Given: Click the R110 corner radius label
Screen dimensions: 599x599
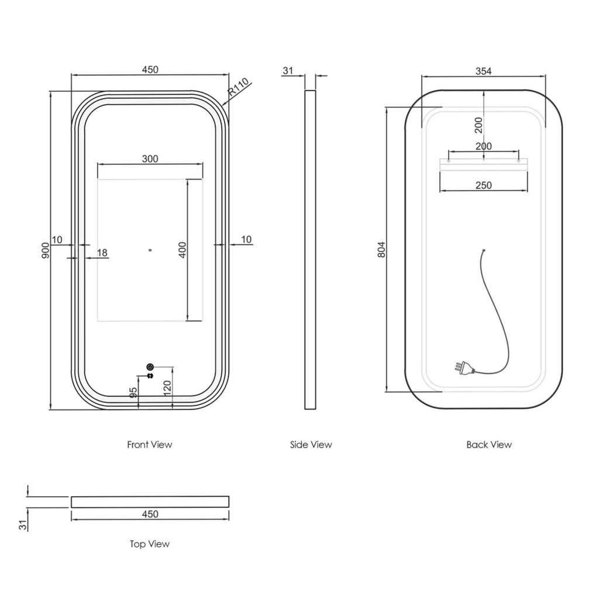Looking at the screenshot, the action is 239,87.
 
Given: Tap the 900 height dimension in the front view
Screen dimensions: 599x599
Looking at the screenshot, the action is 46,250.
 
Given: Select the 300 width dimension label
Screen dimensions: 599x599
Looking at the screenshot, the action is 150,159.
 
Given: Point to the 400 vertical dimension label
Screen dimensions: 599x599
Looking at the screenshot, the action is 183,250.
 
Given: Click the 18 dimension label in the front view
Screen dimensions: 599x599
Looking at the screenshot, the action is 102,253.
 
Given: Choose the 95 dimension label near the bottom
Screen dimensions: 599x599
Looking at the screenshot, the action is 133,393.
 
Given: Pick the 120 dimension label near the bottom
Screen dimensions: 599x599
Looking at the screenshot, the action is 167,388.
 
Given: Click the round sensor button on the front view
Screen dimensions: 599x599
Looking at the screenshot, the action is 150,367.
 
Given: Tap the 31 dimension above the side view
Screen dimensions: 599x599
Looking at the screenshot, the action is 288,71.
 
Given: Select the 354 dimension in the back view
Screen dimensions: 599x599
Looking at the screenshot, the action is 484,71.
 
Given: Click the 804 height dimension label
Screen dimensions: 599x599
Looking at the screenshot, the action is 381,250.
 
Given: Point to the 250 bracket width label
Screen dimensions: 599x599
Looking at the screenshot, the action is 484,185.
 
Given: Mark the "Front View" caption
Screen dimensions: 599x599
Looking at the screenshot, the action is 150,445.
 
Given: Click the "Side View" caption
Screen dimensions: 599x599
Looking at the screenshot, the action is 311,445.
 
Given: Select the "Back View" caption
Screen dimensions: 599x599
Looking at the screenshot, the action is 489,445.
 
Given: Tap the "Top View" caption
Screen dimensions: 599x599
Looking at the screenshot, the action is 150,544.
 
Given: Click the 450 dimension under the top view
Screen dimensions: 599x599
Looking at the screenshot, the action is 150,514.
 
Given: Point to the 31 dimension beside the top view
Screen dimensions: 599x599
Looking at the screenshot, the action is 23,525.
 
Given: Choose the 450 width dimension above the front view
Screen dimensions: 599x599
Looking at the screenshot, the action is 150,70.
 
